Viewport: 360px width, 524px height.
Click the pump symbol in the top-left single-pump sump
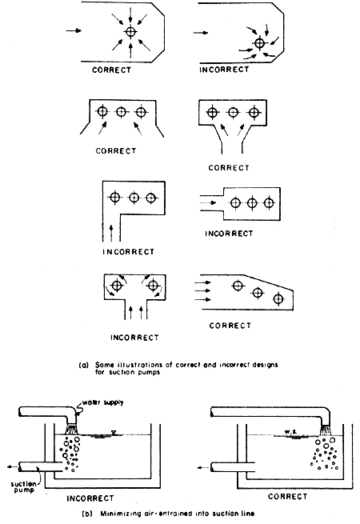click(x=130, y=32)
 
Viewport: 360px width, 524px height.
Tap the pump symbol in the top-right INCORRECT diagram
click(x=258, y=42)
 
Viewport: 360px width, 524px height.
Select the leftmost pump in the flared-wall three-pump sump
click(x=102, y=112)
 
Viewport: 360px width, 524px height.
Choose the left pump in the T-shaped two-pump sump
click(x=117, y=285)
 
